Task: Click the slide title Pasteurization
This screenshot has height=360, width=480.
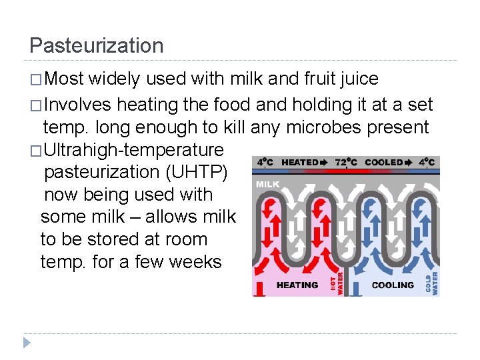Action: pyautogui.click(x=97, y=45)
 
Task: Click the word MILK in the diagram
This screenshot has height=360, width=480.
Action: pyautogui.click(x=267, y=184)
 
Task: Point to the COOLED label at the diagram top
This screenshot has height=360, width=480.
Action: pyautogui.click(x=384, y=162)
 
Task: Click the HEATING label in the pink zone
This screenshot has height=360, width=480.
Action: pyautogui.click(x=297, y=285)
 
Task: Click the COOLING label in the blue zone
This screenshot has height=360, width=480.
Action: pyautogui.click(x=393, y=285)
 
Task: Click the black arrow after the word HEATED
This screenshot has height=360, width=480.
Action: pyautogui.click(x=323, y=162)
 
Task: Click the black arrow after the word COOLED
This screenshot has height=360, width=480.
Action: pyautogui.click(x=408, y=162)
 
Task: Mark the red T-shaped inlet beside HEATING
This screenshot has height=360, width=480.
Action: pyautogui.click(x=261, y=288)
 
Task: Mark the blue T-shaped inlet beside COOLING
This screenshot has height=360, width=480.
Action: pyautogui.click(x=357, y=288)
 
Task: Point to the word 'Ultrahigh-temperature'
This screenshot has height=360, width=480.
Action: pyautogui.click(x=133, y=149)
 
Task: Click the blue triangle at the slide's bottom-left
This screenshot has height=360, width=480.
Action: pyautogui.click(x=27, y=343)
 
